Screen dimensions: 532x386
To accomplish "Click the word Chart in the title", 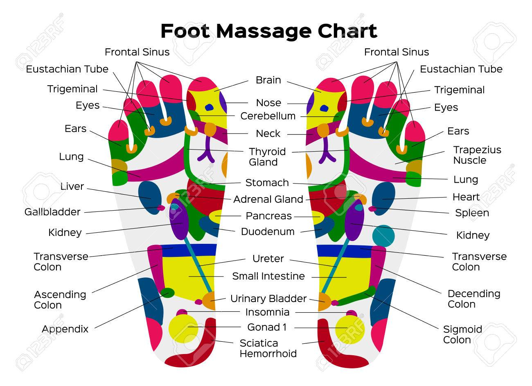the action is pyautogui.click(x=347, y=31).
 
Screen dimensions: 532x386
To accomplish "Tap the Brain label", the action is pyautogui.click(x=268, y=80).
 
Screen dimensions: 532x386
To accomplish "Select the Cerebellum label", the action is pyautogui.click(x=268, y=116).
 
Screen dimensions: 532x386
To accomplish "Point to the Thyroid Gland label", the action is pyautogui.click(x=267, y=157).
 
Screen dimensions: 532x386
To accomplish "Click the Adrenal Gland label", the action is pyautogui.click(x=268, y=199).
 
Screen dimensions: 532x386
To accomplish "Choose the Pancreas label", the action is pyautogui.click(x=268, y=216).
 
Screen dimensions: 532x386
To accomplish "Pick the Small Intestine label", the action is pyautogui.click(x=268, y=276).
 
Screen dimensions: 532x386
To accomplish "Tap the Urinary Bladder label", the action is pyautogui.click(x=268, y=298).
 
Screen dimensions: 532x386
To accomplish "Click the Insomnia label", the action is pyautogui.click(x=267, y=312).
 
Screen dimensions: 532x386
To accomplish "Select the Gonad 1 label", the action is pyautogui.click(x=267, y=327).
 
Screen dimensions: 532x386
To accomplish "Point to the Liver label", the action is pyautogui.click(x=72, y=186).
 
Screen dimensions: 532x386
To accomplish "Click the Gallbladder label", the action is pyautogui.click(x=52, y=212).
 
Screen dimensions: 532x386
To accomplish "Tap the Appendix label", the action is pyautogui.click(x=65, y=329).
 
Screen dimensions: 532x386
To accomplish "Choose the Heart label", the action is pyautogui.click(x=466, y=197).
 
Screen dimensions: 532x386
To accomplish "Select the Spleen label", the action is pyautogui.click(x=472, y=213).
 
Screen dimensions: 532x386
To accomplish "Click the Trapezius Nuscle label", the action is pyautogui.click(x=477, y=155).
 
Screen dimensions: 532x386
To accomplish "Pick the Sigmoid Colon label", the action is pyautogui.click(x=462, y=335).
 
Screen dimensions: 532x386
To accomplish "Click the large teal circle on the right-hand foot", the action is pyautogui.click(x=383, y=236).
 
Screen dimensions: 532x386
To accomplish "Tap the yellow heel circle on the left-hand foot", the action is pyautogui.click(x=183, y=329).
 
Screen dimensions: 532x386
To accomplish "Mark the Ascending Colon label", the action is pyautogui.click(x=60, y=300).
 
